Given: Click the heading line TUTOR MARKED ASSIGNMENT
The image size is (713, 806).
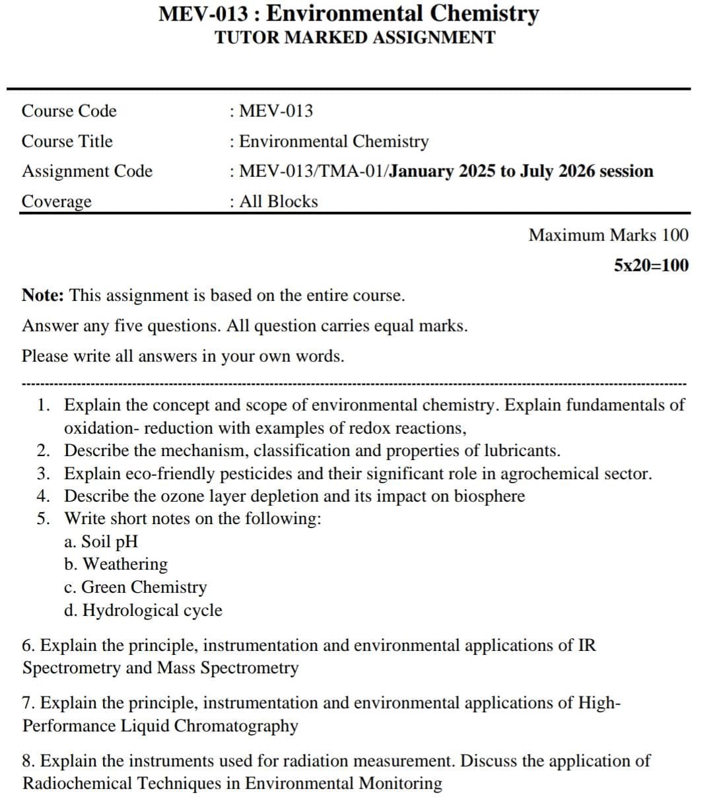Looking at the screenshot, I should tap(355, 38).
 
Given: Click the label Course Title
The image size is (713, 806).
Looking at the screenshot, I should tap(67, 141).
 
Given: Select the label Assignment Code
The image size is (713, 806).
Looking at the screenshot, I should tap(87, 172).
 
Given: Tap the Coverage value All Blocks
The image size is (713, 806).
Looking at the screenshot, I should tap(279, 201).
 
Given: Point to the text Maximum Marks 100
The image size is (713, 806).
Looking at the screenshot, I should tap(608, 235).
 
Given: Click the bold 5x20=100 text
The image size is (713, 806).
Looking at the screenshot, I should tap(651, 265).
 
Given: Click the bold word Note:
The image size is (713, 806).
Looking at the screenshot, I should tap(43, 295).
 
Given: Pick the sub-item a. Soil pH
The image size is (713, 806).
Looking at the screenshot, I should tap(101, 542).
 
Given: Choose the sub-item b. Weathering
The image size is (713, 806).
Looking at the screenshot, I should tap(116, 564).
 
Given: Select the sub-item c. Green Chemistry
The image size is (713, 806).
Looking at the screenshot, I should tap(135, 588).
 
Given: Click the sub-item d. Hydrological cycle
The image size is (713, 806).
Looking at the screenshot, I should tap(143, 611).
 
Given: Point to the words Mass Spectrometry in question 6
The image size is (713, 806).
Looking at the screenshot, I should tap(228, 668).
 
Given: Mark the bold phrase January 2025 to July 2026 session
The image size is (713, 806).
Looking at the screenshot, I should tap(522, 172).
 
